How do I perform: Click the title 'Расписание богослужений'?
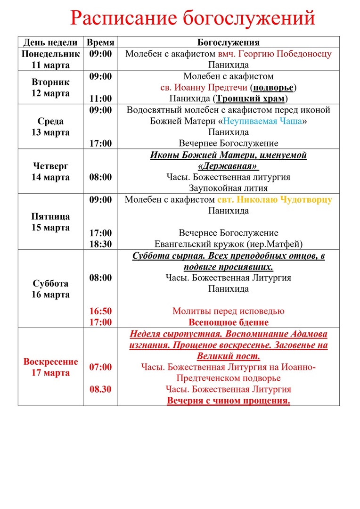192,18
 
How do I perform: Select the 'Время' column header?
100,42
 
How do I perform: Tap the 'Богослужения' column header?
229,42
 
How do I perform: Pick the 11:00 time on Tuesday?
101,99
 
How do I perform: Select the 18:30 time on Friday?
101,244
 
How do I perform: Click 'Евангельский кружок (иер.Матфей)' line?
229,244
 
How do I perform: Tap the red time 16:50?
101,311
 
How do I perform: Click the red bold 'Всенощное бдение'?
229,322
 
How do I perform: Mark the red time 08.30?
101,389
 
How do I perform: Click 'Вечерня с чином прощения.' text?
229,401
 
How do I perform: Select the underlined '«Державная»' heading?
229,166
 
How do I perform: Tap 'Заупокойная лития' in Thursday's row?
229,188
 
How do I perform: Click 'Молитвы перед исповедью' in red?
229,311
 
